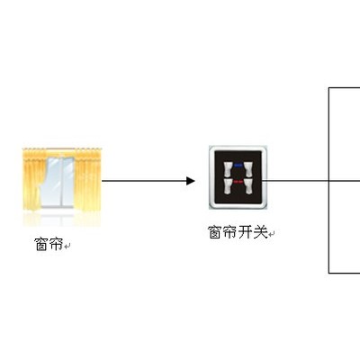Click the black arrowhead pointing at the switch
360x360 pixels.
(x=191, y=181)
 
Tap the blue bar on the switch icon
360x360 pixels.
(x=238, y=165)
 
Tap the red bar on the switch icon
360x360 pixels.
(x=238, y=182)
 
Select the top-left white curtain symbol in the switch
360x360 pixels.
(x=229, y=169)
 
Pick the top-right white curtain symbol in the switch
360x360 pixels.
(x=247, y=169)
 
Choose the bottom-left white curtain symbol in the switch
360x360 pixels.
(x=229, y=186)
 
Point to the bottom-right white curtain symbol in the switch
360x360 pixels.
(x=247, y=186)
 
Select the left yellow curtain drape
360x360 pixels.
(x=34, y=180)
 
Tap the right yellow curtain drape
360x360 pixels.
(x=89, y=180)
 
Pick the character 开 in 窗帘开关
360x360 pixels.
(x=246, y=232)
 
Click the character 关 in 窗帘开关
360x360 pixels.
(x=260, y=232)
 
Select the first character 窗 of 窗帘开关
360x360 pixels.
(x=215, y=232)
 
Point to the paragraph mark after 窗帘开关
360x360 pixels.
(x=271, y=234)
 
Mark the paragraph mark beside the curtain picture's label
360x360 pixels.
(x=67, y=247)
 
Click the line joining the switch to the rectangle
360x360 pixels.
(x=295, y=181)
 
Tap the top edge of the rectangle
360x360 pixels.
(x=345, y=87)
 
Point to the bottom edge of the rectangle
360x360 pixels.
(x=345, y=273)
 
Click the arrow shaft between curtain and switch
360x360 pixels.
(x=144, y=181)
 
